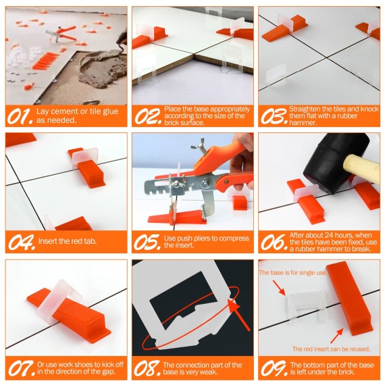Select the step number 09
click(x=273, y=368)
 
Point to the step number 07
click(x=20, y=368)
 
